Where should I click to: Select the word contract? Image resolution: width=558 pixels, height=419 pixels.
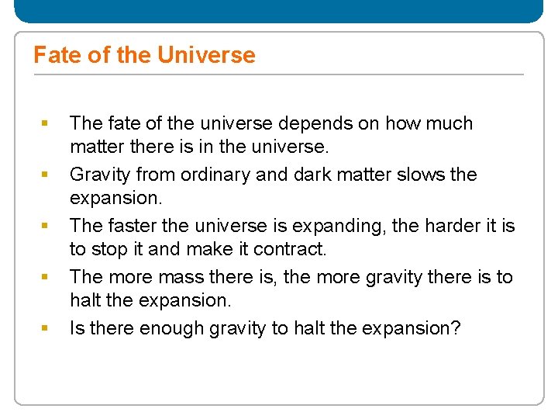coord(298,249)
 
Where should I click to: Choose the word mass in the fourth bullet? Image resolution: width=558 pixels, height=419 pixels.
coord(177,277)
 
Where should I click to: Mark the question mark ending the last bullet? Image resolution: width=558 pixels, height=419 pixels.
coord(456,328)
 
